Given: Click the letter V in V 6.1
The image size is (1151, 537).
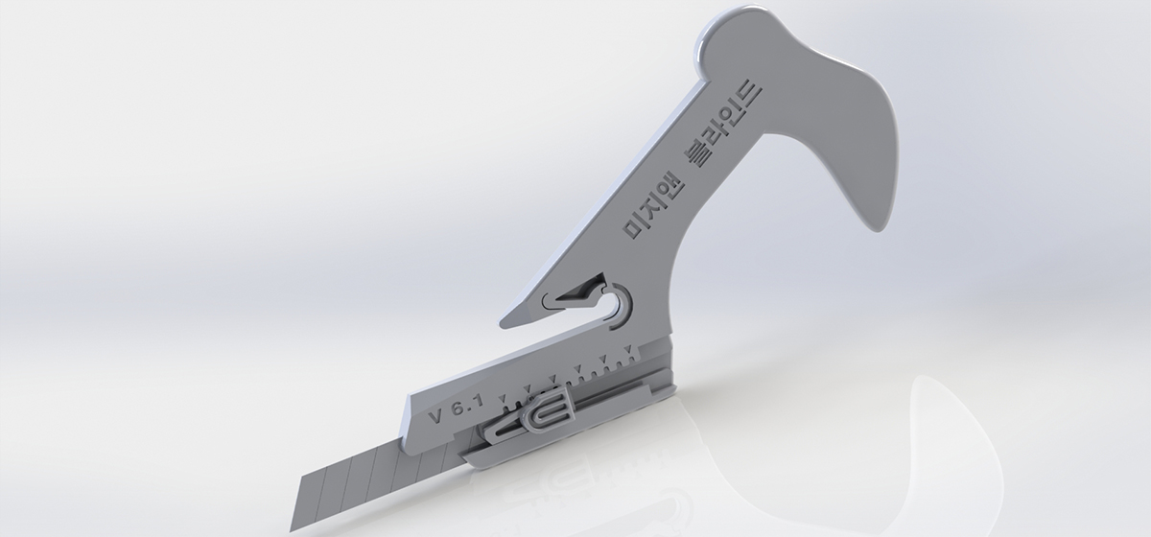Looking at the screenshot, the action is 436,415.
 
